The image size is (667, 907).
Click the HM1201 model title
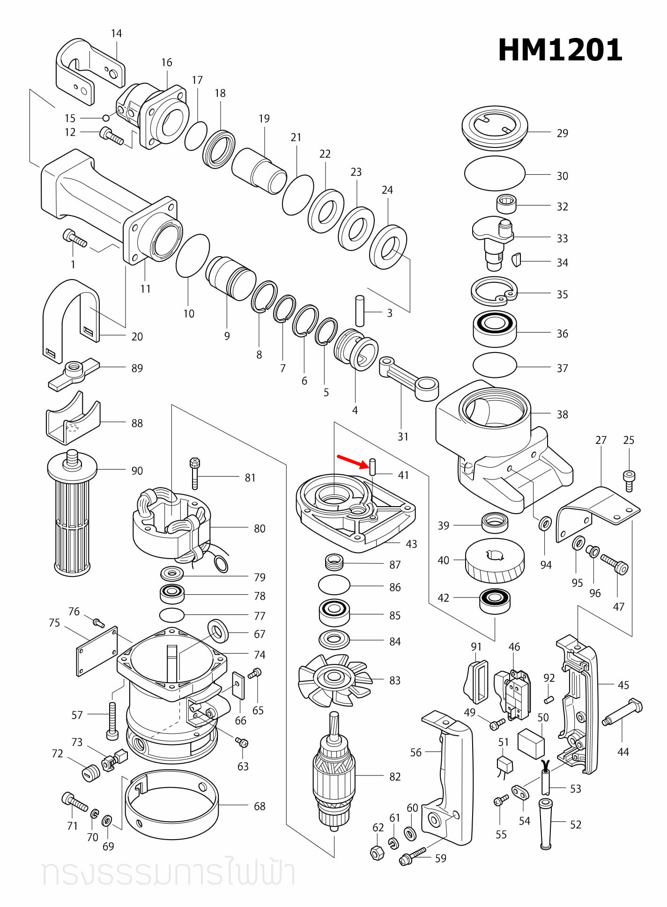(560, 50)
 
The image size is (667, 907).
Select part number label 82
(395, 777)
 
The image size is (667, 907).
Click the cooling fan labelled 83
(333, 679)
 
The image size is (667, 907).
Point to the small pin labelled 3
(360, 311)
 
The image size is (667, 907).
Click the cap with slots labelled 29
(495, 127)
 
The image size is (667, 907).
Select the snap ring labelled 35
(494, 292)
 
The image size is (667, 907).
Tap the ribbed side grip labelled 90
(72, 515)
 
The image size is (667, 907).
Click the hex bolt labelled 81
(195, 473)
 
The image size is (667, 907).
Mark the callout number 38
(562, 415)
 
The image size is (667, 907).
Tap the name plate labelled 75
(97, 651)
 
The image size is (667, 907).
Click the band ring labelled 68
(171, 805)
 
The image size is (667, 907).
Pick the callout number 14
(116, 34)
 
